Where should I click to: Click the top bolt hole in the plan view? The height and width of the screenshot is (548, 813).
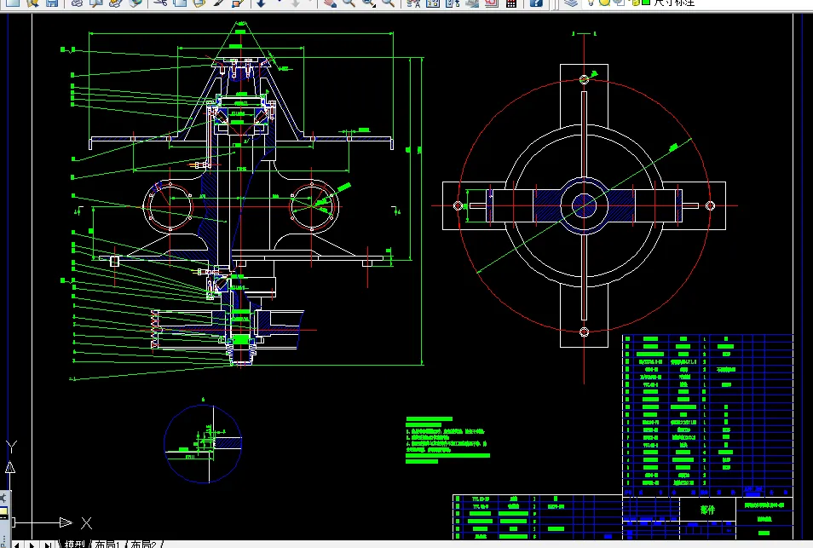(x=585, y=79)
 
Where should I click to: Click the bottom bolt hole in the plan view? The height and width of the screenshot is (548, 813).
(x=585, y=332)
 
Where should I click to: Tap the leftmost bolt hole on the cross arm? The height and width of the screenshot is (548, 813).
(x=458, y=205)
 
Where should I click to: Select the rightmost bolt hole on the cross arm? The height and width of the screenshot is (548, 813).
(x=709, y=205)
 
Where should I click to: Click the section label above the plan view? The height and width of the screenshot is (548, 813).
(x=584, y=33)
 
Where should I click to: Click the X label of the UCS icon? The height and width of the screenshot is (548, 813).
(x=86, y=522)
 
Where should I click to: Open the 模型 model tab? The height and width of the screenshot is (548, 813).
(x=74, y=543)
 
